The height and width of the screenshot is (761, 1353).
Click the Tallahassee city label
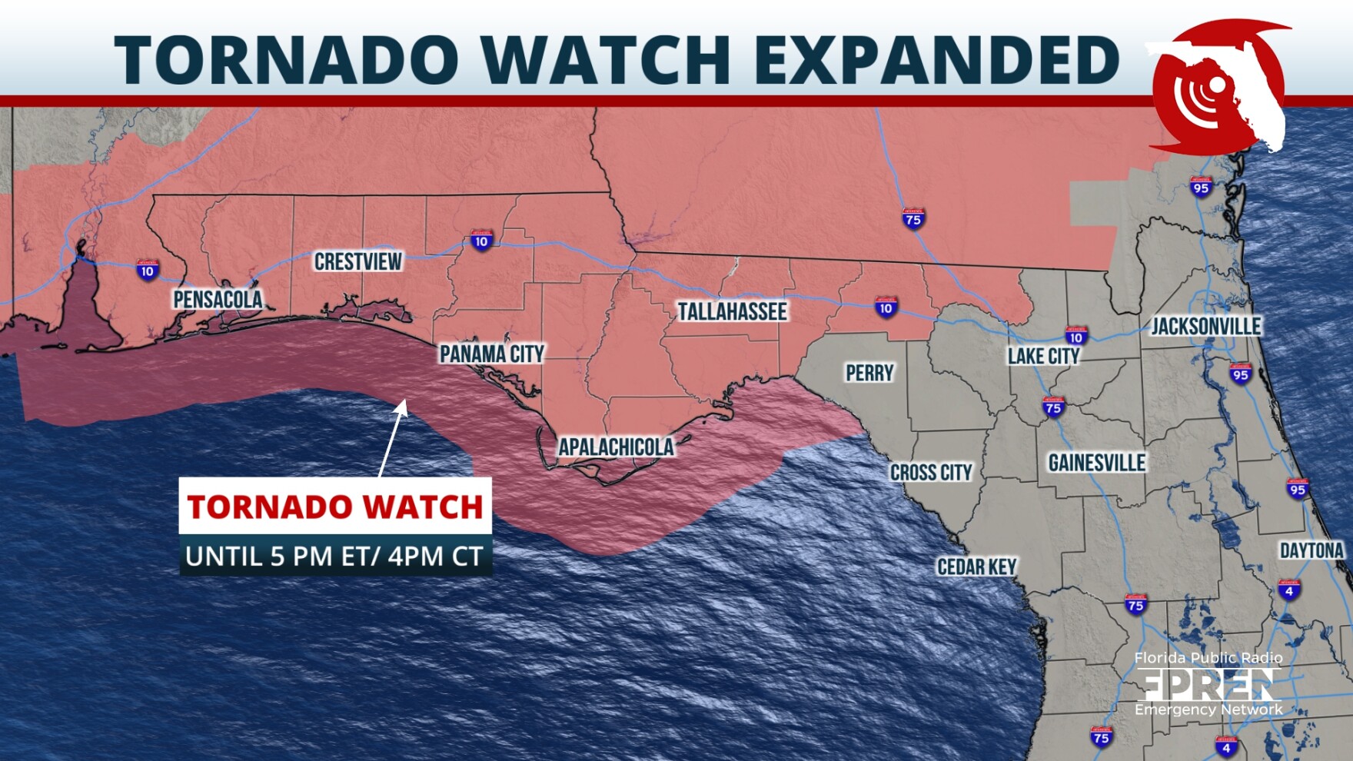(732, 311)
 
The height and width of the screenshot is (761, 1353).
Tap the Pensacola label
(218, 300)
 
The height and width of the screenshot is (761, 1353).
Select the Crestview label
(358, 262)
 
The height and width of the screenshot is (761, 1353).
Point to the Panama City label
(492, 354)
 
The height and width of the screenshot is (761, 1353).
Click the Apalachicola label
(616, 447)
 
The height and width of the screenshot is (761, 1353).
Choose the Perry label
(869, 374)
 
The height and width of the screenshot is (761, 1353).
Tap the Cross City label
(931, 473)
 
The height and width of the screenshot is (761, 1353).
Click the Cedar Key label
(976, 567)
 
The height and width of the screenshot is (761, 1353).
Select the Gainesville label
(1097, 463)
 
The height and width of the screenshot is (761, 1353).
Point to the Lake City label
(1044, 356)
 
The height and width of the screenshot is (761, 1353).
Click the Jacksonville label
(1205, 327)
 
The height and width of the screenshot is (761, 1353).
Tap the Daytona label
(1311, 550)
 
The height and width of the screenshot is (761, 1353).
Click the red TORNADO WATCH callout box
(335, 507)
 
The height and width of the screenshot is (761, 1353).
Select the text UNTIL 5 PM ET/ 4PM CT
(335, 556)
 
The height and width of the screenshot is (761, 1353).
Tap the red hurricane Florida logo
(1218, 88)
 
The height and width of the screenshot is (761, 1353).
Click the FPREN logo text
(1208, 684)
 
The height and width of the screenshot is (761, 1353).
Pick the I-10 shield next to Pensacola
(148, 270)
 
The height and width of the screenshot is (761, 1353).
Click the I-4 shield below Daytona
(1289, 590)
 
